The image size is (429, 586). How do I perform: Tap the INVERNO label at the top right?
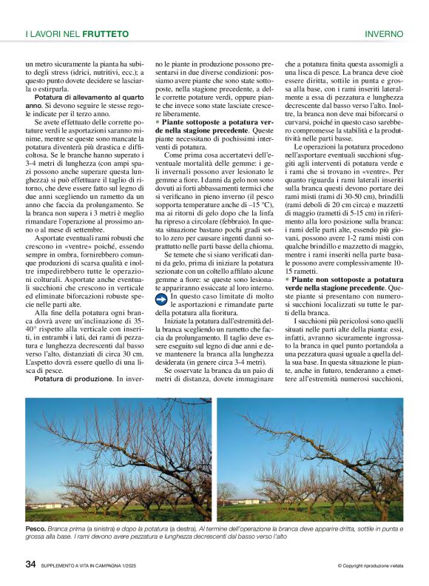point(384,34)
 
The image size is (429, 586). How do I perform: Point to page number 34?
point(30,564)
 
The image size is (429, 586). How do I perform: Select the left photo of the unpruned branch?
point(118,461)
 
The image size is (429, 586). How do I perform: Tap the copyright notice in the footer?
point(370,566)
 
